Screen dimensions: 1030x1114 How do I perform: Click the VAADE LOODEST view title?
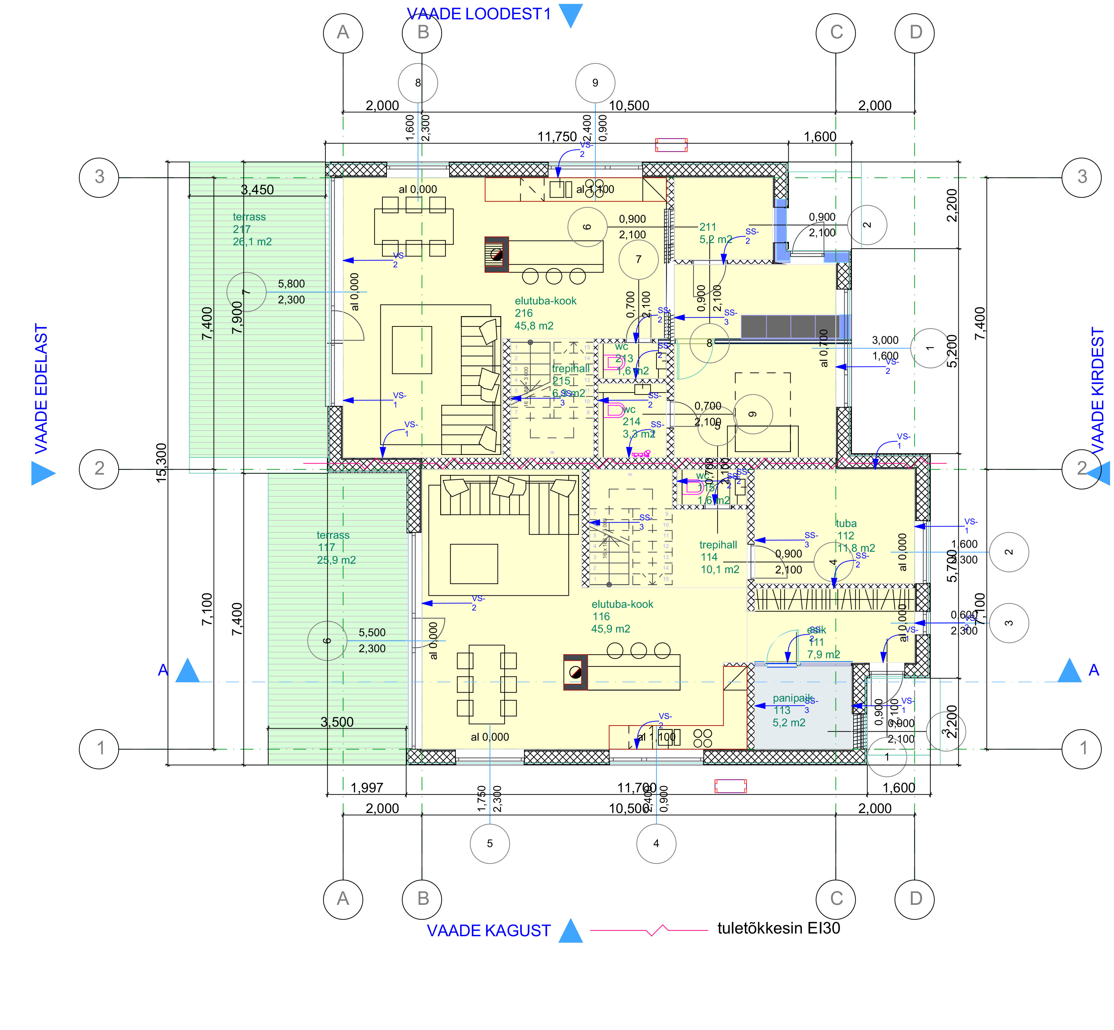(x=478, y=14)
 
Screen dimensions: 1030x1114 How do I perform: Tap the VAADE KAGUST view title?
(x=488, y=931)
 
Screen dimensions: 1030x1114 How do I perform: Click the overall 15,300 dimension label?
(x=161, y=463)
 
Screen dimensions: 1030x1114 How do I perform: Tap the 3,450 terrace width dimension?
(x=257, y=190)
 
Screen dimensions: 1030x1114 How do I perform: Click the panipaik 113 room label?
(x=790, y=710)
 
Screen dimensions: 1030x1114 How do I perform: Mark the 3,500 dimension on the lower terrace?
(x=337, y=722)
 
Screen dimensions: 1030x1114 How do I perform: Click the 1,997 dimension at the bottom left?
(x=367, y=788)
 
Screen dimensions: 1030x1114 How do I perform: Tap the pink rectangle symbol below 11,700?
(x=730, y=786)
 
